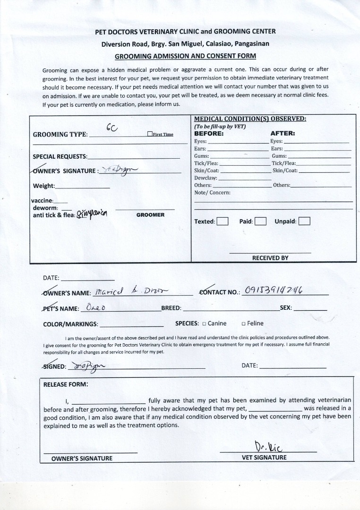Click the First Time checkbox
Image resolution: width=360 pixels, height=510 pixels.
point(150,134)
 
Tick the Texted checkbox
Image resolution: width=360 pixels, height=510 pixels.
point(223,221)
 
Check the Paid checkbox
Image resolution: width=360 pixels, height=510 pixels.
point(260,221)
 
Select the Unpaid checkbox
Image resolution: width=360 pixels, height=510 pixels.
point(304,221)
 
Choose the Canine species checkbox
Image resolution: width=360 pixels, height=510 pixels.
point(204,324)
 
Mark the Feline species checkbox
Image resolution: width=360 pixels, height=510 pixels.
point(243,324)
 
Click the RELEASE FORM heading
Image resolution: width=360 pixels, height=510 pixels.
point(65,384)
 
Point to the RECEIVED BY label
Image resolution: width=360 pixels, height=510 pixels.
point(270,258)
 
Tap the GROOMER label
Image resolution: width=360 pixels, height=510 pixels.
point(150,215)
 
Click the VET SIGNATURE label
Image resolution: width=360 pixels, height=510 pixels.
point(264,458)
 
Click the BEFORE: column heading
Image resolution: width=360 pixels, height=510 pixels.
point(209,134)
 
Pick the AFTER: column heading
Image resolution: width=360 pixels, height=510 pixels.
point(283,134)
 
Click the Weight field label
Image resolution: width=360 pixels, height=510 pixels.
point(44,186)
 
